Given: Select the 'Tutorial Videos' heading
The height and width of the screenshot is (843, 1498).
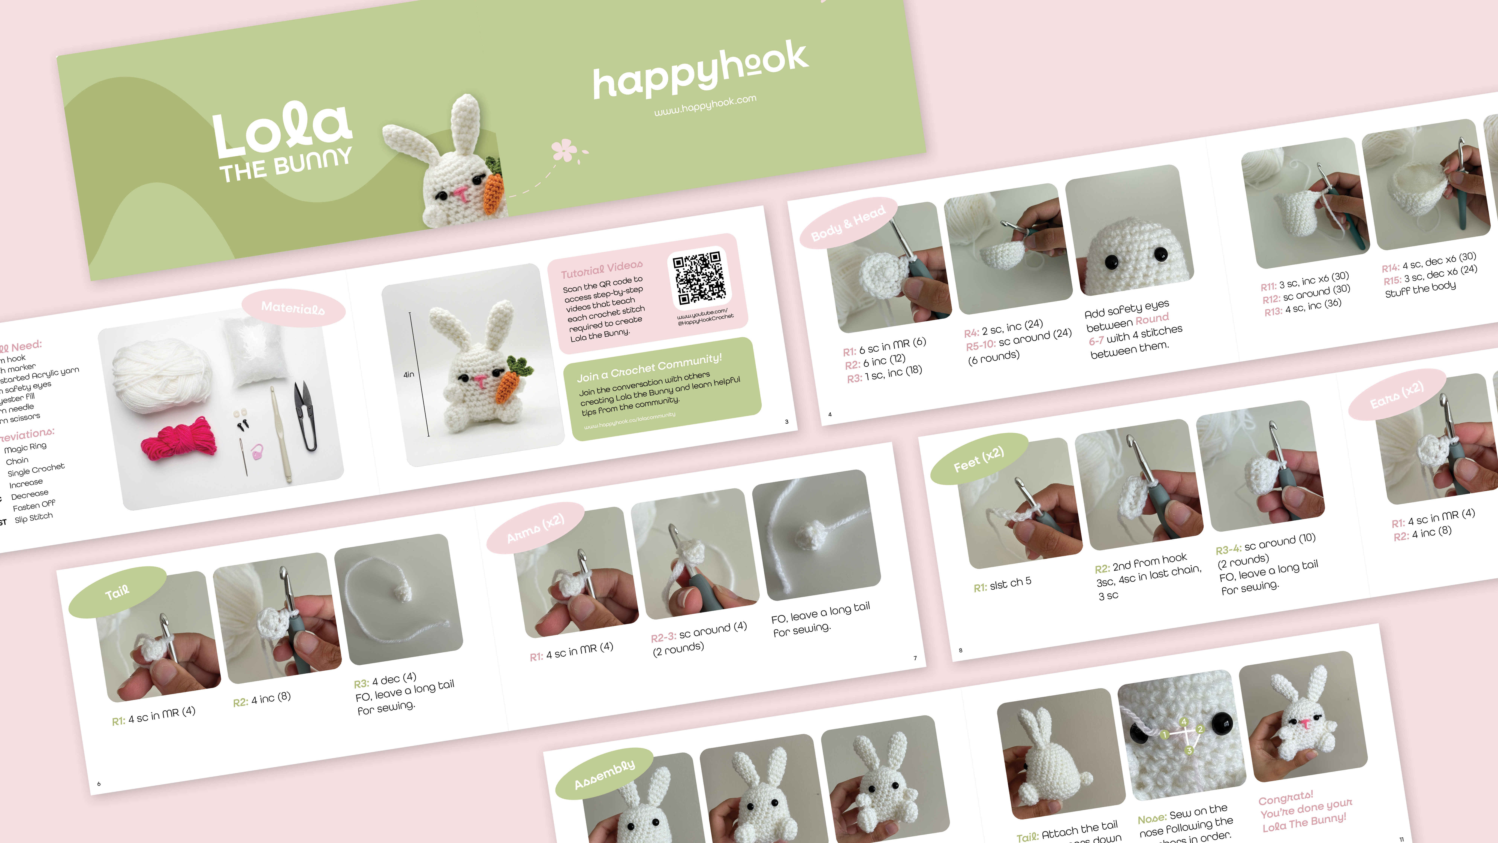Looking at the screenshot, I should pyautogui.click(x=601, y=269).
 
